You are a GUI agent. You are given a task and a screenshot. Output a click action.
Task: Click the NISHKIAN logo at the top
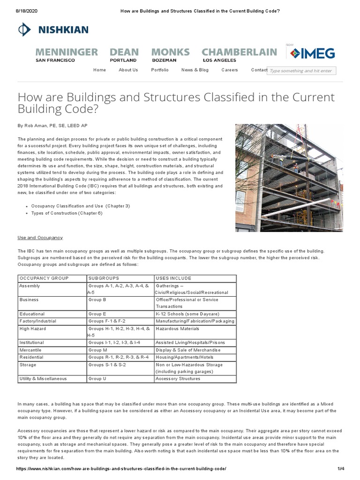coord(52,30)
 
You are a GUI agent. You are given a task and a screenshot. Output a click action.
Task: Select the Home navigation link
coord(99,70)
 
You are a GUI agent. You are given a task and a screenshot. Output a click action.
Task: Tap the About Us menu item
coord(128,70)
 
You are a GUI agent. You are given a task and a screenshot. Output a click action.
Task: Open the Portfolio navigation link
coord(160,70)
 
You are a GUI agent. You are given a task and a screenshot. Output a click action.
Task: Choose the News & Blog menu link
coord(195,70)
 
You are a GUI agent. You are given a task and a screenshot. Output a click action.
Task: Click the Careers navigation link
coord(230,70)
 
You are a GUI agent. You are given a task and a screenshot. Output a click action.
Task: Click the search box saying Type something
coord(301,71)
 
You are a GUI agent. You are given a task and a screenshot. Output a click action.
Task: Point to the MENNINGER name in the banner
coord(66,52)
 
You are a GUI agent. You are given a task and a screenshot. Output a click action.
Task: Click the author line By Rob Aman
coord(52,126)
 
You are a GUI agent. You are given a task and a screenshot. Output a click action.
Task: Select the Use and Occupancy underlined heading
coord(40,238)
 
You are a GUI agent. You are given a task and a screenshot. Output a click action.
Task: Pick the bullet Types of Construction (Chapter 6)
coord(67,213)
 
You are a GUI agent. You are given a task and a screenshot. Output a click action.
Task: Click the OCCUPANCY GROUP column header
coord(44,278)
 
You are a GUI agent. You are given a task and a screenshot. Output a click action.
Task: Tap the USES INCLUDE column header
coord(173,278)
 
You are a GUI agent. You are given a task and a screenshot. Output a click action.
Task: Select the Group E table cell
coord(97,314)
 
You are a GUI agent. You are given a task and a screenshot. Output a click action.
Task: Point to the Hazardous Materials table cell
coord(178,329)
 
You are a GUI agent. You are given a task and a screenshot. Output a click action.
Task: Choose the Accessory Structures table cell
coord(178,379)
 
